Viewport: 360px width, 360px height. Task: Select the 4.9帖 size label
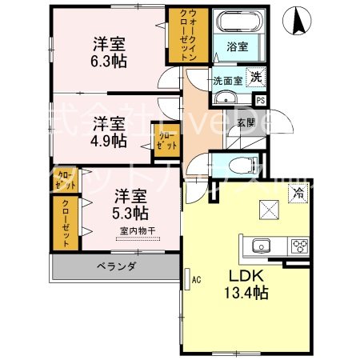[x=107, y=140]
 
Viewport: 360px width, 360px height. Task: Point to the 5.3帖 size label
[x=130, y=213]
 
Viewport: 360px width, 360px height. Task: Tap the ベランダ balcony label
[x=117, y=266]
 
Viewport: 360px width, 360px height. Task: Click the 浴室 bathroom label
[x=235, y=47]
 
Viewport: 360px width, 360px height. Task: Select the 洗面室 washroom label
[x=227, y=81]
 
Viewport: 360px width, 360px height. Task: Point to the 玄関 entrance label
[x=246, y=123]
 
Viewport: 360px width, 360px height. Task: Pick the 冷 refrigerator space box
[x=298, y=193]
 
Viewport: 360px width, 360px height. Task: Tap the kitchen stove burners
[x=300, y=245]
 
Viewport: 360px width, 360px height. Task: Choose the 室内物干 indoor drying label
[x=137, y=232]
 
